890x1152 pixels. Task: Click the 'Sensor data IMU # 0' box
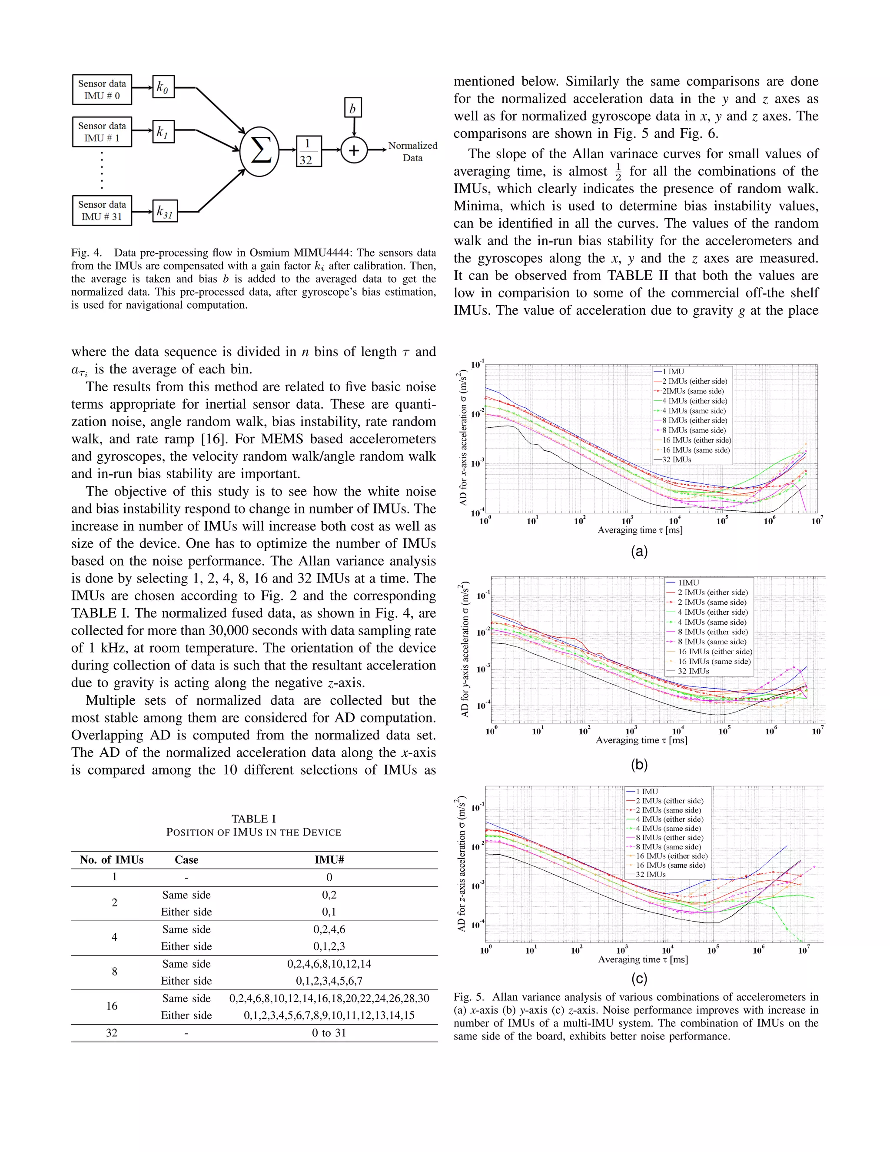tap(102, 90)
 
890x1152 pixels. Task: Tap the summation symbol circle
tap(259, 151)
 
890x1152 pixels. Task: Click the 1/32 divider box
tap(309, 151)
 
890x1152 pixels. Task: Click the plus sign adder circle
tap(354, 151)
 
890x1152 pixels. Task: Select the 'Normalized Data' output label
tap(412, 151)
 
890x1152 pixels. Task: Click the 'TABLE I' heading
tap(254, 819)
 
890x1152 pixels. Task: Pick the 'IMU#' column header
tap(329, 860)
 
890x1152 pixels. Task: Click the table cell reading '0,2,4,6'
tap(329, 929)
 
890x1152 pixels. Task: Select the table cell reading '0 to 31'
tap(329, 1033)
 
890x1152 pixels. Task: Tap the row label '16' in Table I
tap(112, 1006)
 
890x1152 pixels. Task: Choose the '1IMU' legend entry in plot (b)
tap(688, 583)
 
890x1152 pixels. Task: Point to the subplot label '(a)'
tap(639, 552)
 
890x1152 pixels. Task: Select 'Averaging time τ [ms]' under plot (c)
tap(643, 959)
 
